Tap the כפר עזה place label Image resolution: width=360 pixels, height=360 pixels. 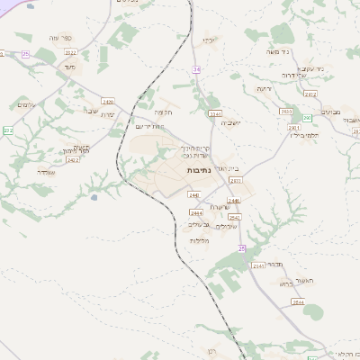click(74, 37)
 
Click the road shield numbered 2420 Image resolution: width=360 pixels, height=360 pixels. click(108, 101)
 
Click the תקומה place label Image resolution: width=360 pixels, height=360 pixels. click(163, 112)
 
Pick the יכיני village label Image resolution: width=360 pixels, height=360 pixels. click(209, 40)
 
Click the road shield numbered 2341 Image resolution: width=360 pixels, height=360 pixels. click(215, 114)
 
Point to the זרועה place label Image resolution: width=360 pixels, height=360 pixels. click(264, 90)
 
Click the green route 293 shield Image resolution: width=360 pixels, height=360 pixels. click(307, 118)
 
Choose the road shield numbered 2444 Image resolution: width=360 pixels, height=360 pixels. click(197, 211)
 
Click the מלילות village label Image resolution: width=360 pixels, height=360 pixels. click(201, 240)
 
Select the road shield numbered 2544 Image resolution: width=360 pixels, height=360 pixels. click(297, 302)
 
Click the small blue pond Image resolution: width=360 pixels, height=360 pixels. click(94, 195)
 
